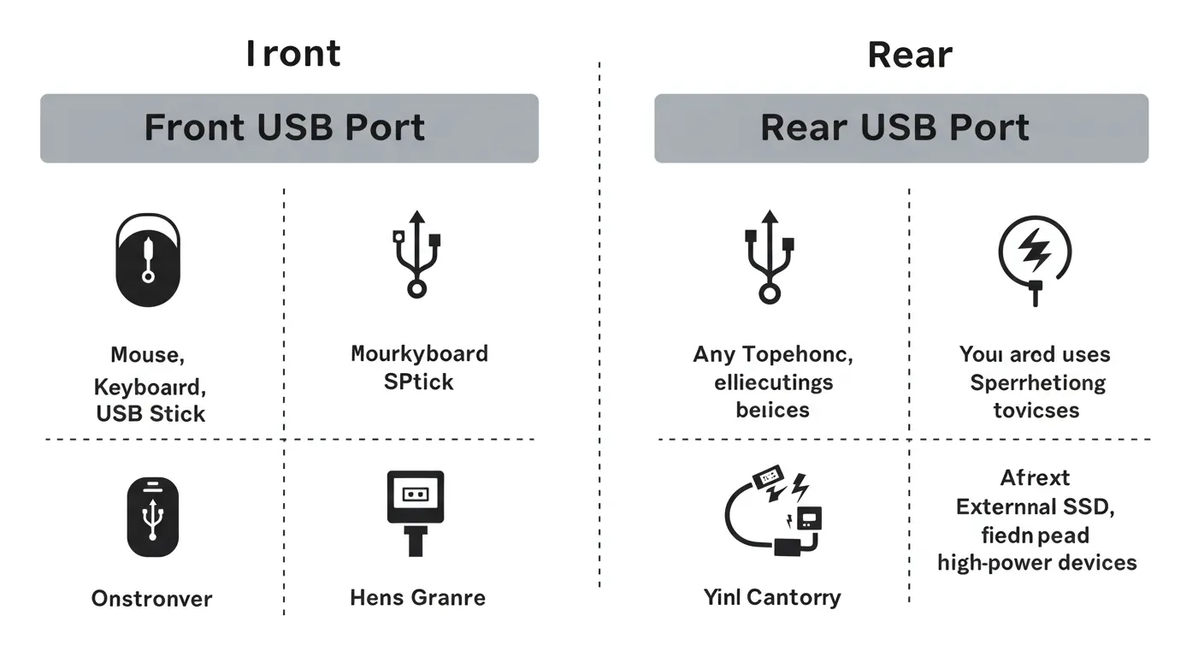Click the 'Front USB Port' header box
coord(289,128)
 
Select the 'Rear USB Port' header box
coord(900,128)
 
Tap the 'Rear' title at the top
coord(909,55)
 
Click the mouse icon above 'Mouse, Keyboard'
coord(148,260)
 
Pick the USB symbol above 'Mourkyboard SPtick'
coord(416,253)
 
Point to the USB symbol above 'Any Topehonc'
coord(770,256)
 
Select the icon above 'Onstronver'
coord(152,517)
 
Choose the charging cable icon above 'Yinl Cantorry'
coord(776,513)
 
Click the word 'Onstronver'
coord(151,598)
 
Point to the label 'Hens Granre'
coord(417,597)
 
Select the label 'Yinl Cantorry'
coord(772,596)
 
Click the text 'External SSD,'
coord(1036,506)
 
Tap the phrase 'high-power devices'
coord(1037,562)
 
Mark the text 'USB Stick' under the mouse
coord(150,414)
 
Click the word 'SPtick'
coord(418,382)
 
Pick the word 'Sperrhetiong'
coord(1037,382)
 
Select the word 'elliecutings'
coord(773,382)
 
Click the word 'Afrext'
coord(1035,477)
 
